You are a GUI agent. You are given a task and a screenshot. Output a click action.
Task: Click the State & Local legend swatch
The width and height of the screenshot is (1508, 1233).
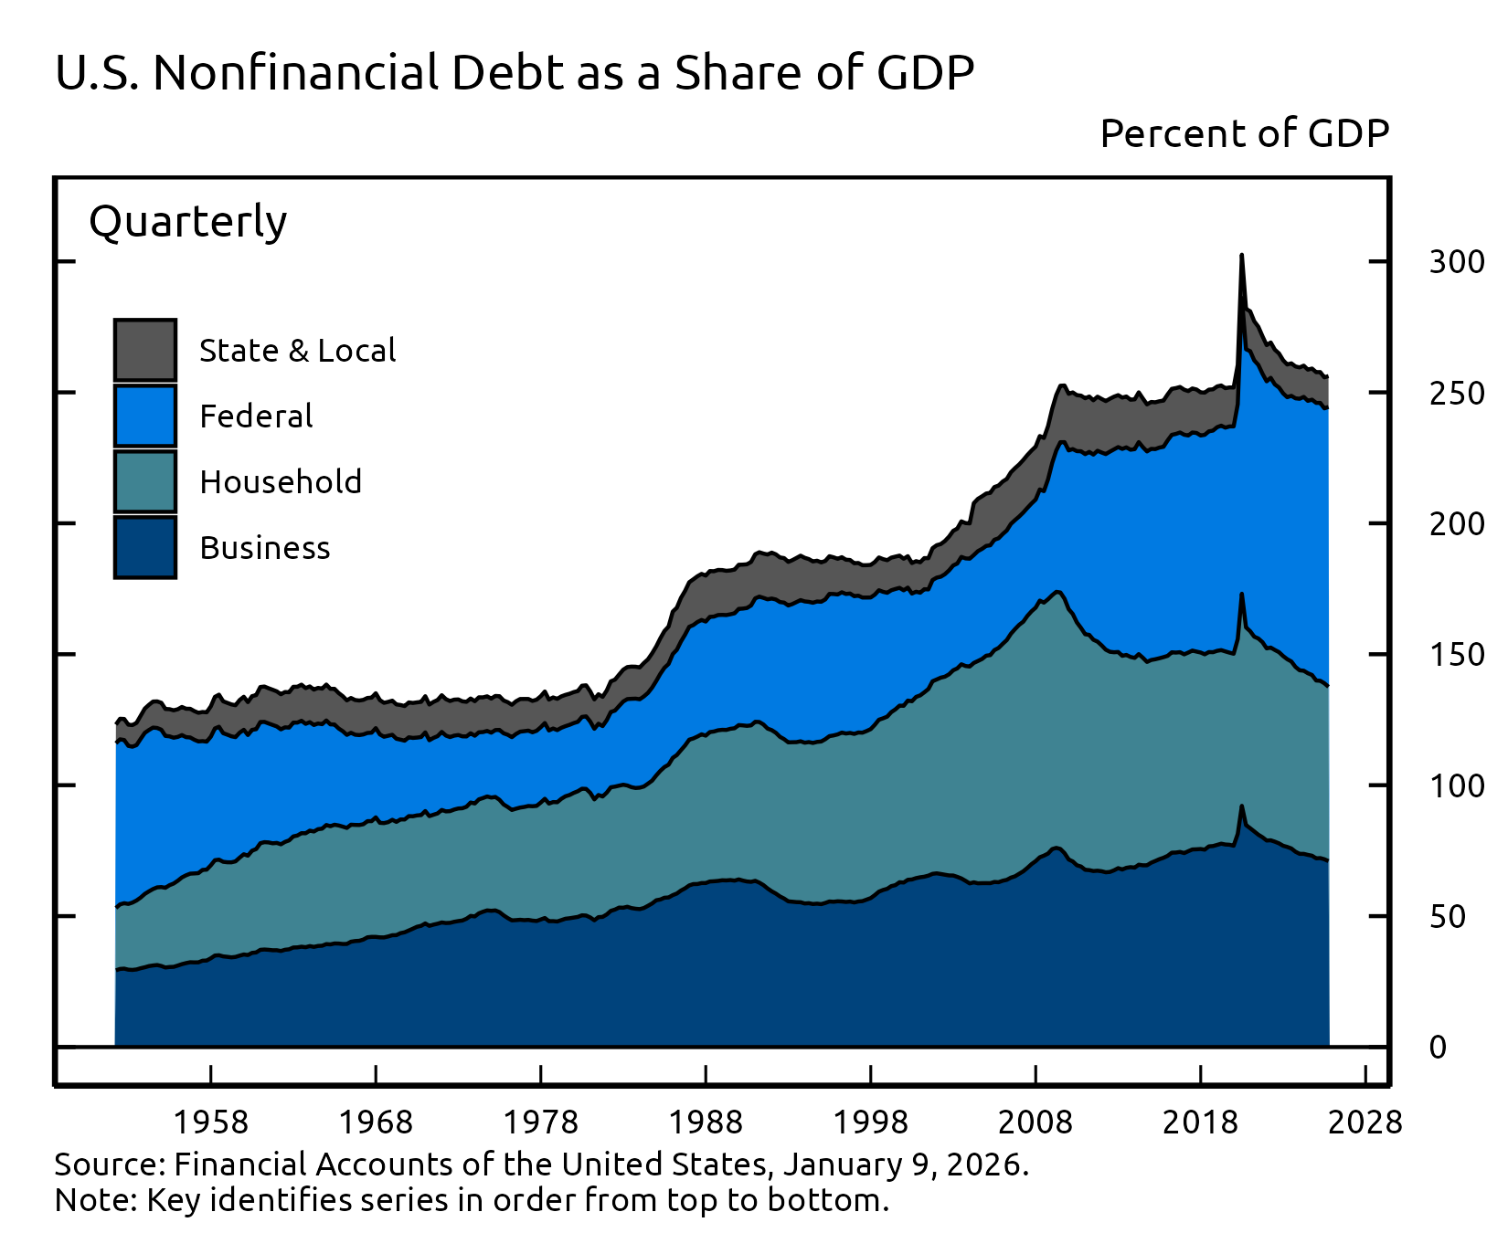pyautogui.click(x=145, y=350)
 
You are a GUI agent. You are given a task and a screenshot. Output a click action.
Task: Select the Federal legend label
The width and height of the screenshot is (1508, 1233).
pyautogui.click(x=256, y=416)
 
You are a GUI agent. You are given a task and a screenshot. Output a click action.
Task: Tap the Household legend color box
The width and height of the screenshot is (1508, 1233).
pyautogui.click(x=145, y=481)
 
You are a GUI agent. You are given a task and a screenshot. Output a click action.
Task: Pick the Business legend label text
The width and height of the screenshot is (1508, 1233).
pyautogui.click(x=265, y=548)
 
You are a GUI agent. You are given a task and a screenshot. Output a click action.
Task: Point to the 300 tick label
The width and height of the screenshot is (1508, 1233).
pyautogui.click(x=1457, y=262)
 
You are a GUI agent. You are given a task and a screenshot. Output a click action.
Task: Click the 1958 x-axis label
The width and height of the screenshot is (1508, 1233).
pyautogui.click(x=211, y=1122)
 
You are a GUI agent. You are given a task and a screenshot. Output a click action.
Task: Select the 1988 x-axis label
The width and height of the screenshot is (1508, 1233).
pyautogui.click(x=706, y=1122)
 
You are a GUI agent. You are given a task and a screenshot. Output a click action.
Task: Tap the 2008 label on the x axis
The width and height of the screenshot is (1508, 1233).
pyautogui.click(x=1035, y=1122)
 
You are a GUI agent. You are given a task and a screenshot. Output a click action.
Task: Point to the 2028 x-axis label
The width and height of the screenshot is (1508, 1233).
pyautogui.click(x=1365, y=1122)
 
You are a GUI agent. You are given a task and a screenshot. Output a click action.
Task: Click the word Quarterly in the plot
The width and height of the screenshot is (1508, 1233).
pyautogui.click(x=188, y=222)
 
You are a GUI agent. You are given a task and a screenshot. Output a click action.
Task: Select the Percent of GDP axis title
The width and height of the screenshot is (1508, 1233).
pyautogui.click(x=1245, y=134)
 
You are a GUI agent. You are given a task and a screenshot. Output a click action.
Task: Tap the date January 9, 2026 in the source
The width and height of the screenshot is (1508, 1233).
pyautogui.click(x=904, y=1164)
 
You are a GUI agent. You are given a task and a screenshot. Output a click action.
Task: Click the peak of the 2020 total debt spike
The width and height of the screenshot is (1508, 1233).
pyautogui.click(x=1241, y=257)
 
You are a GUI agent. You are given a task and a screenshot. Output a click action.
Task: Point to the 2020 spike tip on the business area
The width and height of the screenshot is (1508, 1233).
pyautogui.click(x=1241, y=806)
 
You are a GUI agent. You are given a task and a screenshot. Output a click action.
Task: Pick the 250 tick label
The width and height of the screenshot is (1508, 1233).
pyautogui.click(x=1457, y=394)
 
